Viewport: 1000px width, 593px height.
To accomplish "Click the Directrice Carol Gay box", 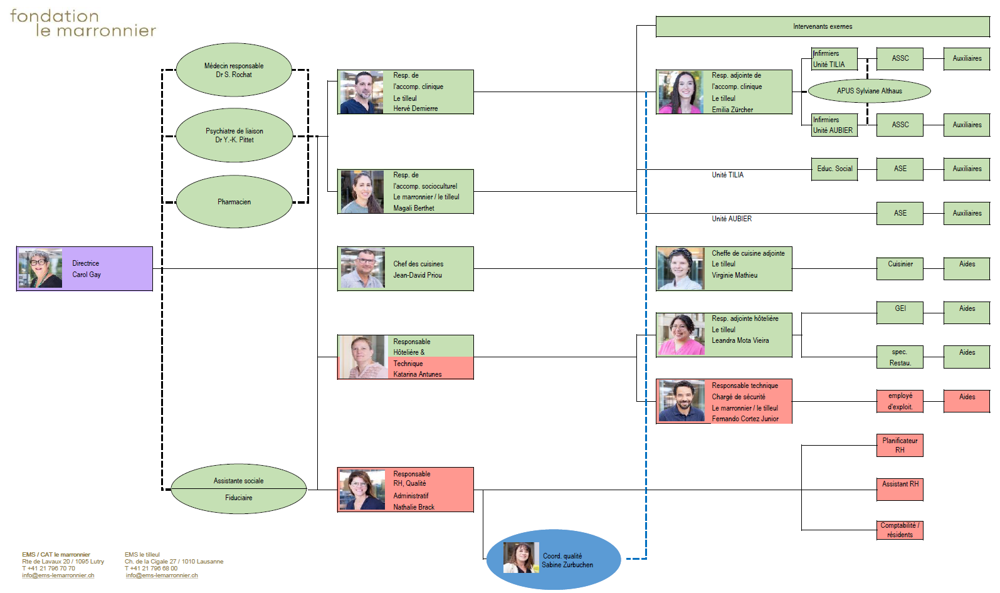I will point(85,269).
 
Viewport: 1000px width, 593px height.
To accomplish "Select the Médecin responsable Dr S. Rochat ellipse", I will point(234,70).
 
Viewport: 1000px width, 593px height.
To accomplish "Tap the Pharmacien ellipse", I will point(234,202).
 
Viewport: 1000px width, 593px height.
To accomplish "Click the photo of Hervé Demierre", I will point(361,92).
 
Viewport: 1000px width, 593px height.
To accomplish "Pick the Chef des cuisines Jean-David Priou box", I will point(406,269).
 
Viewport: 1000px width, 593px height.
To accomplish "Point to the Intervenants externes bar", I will point(823,27).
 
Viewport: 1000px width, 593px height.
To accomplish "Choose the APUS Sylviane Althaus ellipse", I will point(869,91).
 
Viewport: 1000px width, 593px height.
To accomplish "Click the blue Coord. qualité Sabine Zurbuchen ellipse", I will point(554,560).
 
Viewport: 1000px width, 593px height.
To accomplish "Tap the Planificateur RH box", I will point(900,446).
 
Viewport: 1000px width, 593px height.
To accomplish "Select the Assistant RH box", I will point(900,489).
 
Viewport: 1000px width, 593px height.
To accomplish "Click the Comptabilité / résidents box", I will point(900,530).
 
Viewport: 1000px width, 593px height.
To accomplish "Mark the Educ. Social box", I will point(834,169).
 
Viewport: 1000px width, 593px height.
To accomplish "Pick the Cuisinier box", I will point(900,268).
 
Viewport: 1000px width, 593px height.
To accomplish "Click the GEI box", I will point(900,312).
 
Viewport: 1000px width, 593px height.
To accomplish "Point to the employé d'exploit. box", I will point(900,401).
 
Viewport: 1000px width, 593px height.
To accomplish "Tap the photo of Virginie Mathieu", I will point(680,269).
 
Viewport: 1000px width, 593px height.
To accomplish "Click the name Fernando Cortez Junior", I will point(745,419).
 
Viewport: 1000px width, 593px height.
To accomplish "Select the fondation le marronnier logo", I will point(83,23).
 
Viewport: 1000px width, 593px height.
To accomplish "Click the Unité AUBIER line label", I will point(731,219).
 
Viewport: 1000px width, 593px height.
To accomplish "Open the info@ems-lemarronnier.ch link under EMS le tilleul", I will point(162,575).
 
